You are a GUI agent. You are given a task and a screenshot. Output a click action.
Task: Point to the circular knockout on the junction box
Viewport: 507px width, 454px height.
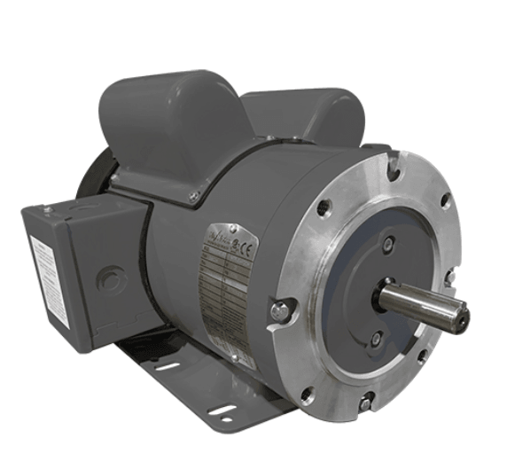(x=109, y=279)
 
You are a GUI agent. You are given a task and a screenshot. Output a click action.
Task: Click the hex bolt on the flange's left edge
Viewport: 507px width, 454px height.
(x=280, y=310)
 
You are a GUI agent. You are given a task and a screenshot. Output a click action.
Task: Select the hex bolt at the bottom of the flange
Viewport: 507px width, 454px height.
(x=365, y=403)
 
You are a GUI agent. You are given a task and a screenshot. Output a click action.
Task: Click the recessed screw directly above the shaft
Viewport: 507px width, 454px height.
(x=388, y=243)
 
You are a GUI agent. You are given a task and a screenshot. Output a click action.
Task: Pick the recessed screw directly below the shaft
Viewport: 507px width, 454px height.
(x=377, y=338)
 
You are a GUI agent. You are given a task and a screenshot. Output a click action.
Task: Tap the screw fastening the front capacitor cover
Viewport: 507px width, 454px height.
(x=195, y=196)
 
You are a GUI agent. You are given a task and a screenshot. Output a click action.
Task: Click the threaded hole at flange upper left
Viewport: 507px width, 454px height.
(x=325, y=209)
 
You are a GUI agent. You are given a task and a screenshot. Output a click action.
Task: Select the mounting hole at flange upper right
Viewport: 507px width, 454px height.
(x=446, y=202)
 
